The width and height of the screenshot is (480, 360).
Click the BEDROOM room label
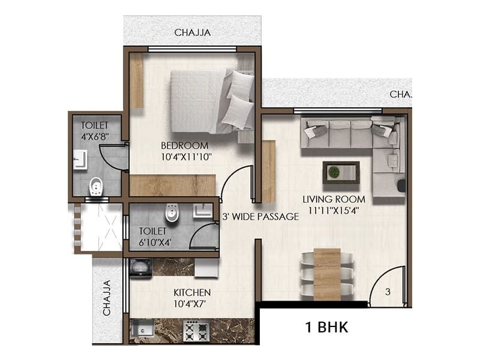185,145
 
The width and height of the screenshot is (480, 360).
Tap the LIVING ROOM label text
326,199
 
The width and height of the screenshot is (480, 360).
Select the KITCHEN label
192,292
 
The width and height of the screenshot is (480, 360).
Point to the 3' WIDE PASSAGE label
260,217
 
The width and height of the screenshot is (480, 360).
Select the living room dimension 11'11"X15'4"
326,210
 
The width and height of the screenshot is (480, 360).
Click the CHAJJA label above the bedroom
193,32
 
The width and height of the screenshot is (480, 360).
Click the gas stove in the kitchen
196,329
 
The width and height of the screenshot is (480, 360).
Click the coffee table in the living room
341,172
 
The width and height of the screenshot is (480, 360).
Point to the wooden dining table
326,273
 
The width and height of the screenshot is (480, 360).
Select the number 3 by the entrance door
388,292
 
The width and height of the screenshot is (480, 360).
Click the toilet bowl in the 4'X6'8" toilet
95,187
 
